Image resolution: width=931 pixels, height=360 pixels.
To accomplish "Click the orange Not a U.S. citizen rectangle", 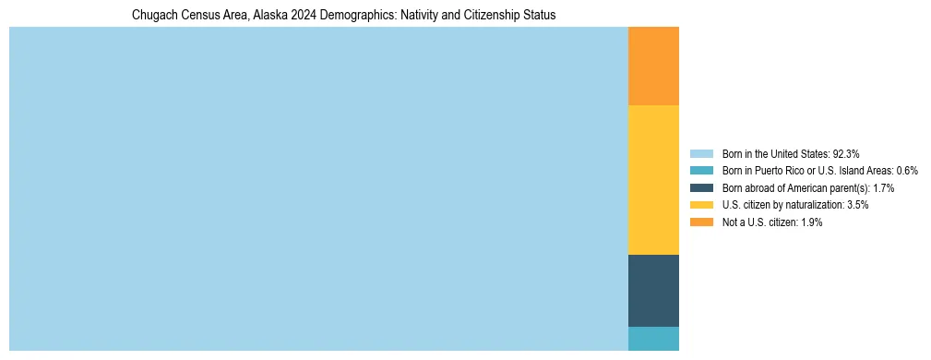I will tap(653, 66).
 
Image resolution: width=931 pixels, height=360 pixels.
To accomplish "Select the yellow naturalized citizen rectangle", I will tap(653, 180).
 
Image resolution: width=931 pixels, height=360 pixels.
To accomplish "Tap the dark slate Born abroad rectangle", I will tap(653, 291).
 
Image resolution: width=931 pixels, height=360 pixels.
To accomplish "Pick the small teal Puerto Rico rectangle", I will tap(653, 339).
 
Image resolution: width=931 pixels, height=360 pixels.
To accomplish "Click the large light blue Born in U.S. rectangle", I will tap(318, 189).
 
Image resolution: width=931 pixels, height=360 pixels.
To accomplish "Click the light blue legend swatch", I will tap(701, 153).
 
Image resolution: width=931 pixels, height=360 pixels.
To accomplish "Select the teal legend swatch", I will tap(701, 171).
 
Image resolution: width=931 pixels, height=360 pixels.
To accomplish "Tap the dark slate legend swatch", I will tap(701, 187).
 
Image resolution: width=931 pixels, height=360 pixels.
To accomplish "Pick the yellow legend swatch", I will tap(701, 205).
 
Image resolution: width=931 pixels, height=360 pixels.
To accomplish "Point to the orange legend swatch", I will tap(701, 222).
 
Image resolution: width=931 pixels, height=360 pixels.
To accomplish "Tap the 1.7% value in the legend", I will tap(882, 187).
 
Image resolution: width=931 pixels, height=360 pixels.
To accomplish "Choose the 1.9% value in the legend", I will tap(811, 222).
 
